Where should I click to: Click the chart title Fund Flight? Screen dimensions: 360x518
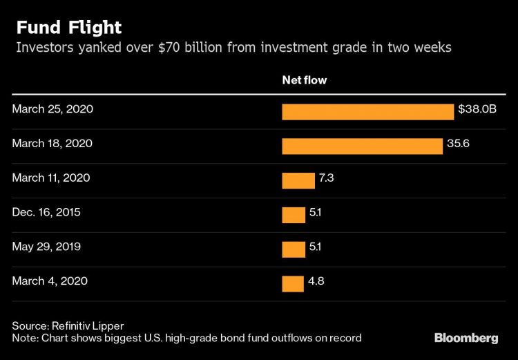click(x=69, y=28)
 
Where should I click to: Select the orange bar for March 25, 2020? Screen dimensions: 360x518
click(x=367, y=112)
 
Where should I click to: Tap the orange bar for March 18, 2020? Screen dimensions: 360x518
click(x=362, y=146)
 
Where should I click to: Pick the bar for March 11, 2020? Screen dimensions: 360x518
click(x=298, y=180)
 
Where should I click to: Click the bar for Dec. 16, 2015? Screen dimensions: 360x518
click(x=294, y=215)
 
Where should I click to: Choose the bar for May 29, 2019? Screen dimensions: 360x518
click(x=294, y=249)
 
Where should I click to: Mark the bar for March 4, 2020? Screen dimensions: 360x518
click(x=293, y=283)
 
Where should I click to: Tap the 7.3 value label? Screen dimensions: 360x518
click(x=326, y=178)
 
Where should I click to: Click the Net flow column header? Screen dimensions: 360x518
click(x=305, y=80)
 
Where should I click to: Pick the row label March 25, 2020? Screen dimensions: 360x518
click(x=52, y=109)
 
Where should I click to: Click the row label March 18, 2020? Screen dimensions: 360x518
click(x=52, y=144)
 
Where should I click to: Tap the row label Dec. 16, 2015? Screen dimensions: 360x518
click(x=46, y=212)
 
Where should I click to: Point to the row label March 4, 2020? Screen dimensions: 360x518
click(x=50, y=281)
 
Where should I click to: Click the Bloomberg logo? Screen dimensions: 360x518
click(x=466, y=338)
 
